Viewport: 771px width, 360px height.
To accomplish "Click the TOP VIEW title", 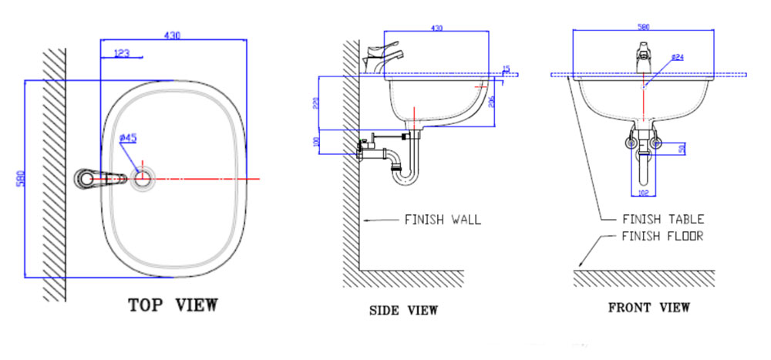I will point(173,304).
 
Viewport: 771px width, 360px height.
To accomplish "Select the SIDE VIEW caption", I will point(403,310).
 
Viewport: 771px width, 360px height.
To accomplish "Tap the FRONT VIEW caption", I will point(648,308).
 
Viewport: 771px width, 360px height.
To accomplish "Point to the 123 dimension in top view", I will point(122,53).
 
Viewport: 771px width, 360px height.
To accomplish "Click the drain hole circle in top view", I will point(143,178).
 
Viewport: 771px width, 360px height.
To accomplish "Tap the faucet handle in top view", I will point(100,179).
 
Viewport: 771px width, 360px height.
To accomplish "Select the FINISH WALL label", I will point(443,220).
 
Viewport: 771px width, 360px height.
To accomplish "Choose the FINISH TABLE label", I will point(663,220).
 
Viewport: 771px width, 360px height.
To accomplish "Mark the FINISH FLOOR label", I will point(662,236).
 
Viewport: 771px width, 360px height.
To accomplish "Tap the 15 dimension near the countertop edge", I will point(506,69).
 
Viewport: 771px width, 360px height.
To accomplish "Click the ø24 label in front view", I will point(678,57).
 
